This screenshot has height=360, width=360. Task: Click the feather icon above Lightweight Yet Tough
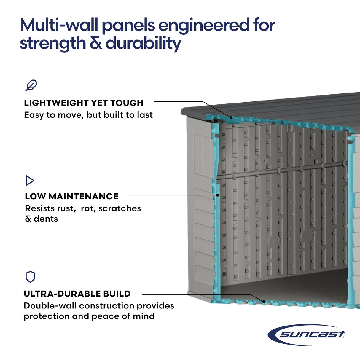coord(31,85)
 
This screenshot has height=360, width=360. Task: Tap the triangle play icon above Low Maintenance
coord(30,180)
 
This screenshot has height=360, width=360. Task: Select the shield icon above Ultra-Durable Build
coord(30,277)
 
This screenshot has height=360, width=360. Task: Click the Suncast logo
coord(307,335)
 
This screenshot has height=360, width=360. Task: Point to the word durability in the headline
coord(143,43)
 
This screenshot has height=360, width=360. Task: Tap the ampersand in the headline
coord(95,43)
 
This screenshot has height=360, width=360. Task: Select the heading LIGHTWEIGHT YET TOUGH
coord(84,103)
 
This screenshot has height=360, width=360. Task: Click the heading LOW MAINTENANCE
coord(71,196)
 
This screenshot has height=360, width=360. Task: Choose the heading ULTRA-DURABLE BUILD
coord(77,294)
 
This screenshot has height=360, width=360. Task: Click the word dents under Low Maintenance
coord(46,219)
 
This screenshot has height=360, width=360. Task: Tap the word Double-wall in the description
coord(50,306)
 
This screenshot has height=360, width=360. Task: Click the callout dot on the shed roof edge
coord(231,117)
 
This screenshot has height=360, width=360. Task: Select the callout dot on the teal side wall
coord(218,195)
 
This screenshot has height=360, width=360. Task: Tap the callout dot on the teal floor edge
coord(263,302)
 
